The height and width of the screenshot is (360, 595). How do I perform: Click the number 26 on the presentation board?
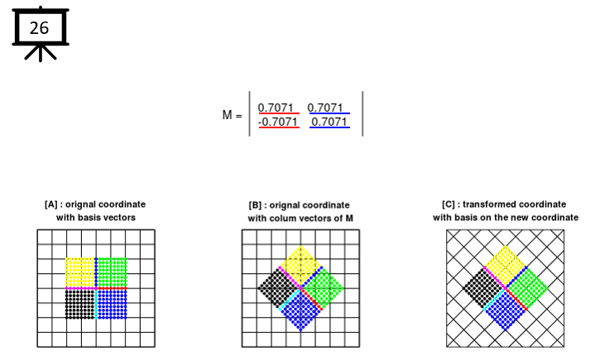(39, 27)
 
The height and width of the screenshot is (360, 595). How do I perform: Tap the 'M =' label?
(232, 114)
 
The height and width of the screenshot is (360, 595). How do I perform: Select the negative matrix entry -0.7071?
(278, 122)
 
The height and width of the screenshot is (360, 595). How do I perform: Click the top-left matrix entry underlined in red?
(276, 108)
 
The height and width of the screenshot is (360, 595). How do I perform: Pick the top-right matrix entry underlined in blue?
(325, 108)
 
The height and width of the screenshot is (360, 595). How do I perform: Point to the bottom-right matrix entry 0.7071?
(329, 122)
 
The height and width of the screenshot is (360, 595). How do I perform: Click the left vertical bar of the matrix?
(249, 113)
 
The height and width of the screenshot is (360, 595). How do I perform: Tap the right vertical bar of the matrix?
(362, 113)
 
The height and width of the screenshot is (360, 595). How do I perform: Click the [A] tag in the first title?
(50, 204)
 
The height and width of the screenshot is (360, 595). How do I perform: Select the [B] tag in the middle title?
(255, 205)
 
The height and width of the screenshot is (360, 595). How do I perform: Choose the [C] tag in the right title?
(449, 204)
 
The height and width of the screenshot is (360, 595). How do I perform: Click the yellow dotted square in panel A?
(80, 272)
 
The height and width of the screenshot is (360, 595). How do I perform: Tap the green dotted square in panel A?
(113, 272)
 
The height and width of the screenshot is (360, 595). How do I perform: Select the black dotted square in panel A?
(80, 305)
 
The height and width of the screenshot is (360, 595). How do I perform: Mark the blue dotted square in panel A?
(113, 305)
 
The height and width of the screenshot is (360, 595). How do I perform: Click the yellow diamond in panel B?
(301, 266)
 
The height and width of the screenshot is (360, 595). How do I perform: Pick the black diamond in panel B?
(278, 288)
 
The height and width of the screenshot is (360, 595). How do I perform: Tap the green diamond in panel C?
(527, 288)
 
